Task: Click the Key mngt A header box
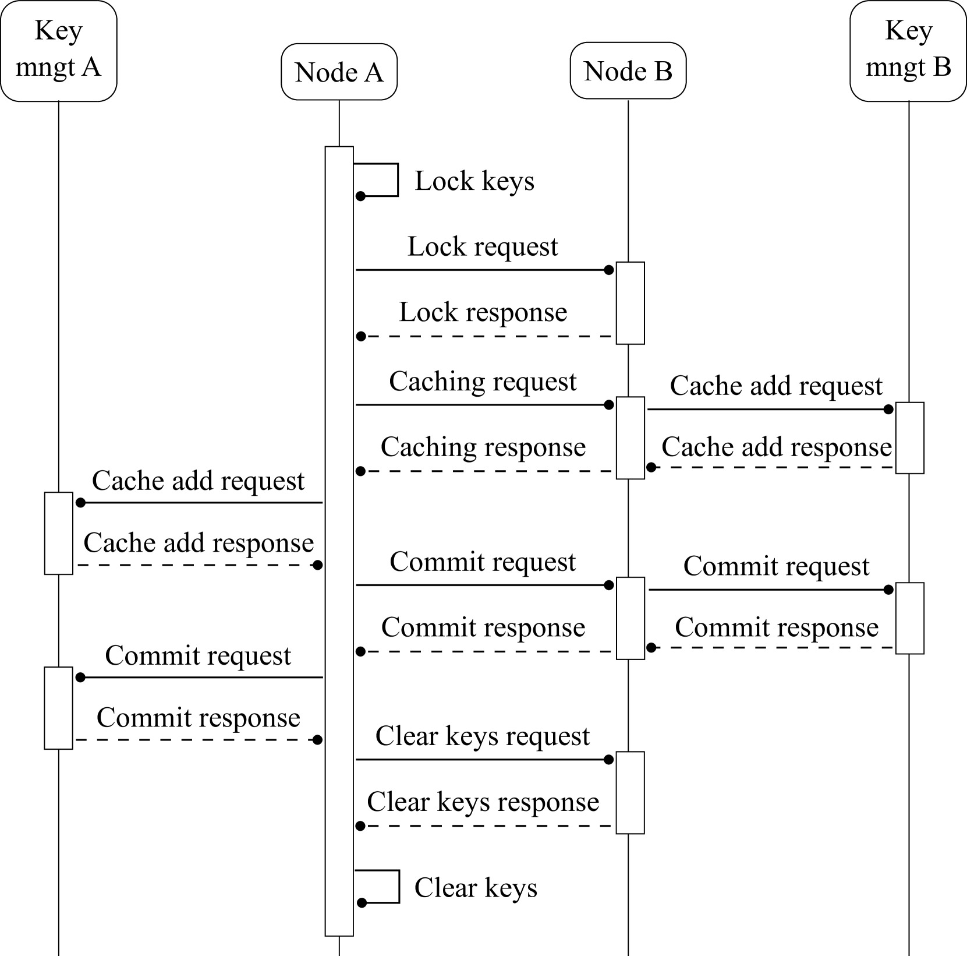[x=58, y=51]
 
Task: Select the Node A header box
[x=339, y=72]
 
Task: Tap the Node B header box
[x=628, y=70]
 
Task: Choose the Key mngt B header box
[x=908, y=51]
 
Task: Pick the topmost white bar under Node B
[x=630, y=303]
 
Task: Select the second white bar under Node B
[x=630, y=438]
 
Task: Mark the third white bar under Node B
[x=630, y=618]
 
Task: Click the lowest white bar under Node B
[x=630, y=792]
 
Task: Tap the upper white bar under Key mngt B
[x=909, y=438]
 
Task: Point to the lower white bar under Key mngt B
[x=909, y=618]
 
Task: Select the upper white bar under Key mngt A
[x=58, y=533]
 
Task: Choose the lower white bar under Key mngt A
[x=58, y=708]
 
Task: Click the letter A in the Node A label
[x=373, y=72]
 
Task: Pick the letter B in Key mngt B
[x=941, y=67]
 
